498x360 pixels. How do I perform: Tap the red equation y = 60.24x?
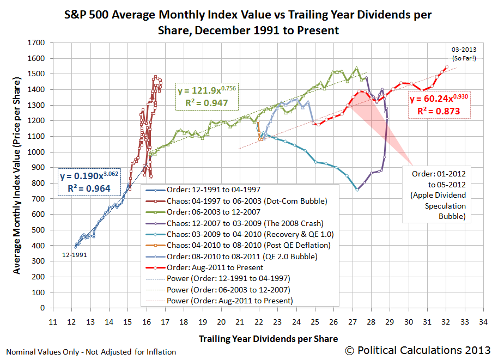[439, 106]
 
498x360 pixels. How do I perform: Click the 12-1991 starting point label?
[75, 254]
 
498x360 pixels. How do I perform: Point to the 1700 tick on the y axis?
[38, 42]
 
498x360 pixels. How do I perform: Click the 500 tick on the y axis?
[40, 230]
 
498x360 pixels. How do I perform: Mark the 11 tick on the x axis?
[52, 321]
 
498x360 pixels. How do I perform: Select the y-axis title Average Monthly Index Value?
[17, 175]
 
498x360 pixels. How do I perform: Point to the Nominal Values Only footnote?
[90, 352]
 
